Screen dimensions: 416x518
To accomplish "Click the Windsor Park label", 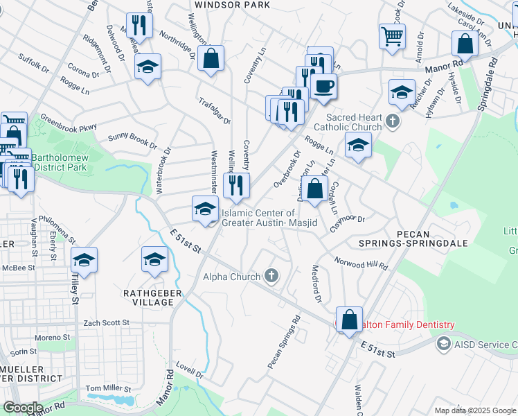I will [x=232, y=4].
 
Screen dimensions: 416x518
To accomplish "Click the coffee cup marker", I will [x=323, y=86].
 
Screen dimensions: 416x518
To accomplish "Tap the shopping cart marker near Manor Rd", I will [x=392, y=35].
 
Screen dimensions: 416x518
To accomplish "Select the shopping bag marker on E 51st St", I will [x=350, y=320].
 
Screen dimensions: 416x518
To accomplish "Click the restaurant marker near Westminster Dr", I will [x=238, y=184].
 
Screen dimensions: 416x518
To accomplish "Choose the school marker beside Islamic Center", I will [x=205, y=209].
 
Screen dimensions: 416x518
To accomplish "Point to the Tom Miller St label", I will [x=107, y=388].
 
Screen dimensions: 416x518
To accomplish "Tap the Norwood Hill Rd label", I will [x=361, y=264].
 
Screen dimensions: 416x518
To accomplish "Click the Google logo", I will [x=23, y=408].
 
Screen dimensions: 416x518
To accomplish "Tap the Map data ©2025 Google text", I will [x=475, y=410].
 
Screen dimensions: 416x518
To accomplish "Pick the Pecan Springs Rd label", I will [x=285, y=343].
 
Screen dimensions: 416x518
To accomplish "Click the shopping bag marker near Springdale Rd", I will [x=465, y=44].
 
